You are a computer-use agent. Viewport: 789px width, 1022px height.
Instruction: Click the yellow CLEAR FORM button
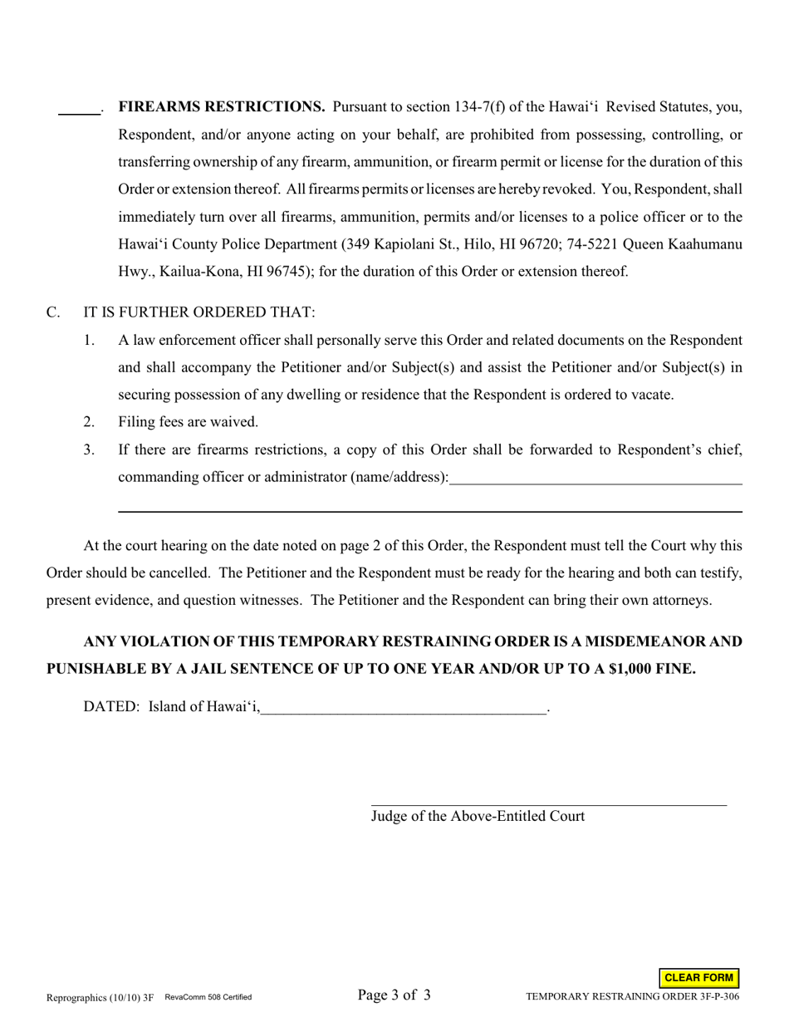(699, 978)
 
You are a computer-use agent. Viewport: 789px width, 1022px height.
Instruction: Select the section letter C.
(53, 312)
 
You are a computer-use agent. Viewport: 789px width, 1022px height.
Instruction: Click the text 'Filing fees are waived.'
(189, 422)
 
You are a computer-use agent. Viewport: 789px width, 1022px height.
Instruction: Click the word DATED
(111, 707)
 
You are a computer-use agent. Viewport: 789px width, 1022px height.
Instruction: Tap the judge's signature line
(548, 803)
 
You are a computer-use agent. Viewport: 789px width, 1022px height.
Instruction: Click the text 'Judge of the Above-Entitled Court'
(478, 816)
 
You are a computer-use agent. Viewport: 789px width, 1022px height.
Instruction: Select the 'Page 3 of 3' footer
(394, 995)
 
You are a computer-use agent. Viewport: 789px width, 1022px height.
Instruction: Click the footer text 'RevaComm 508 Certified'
(208, 997)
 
